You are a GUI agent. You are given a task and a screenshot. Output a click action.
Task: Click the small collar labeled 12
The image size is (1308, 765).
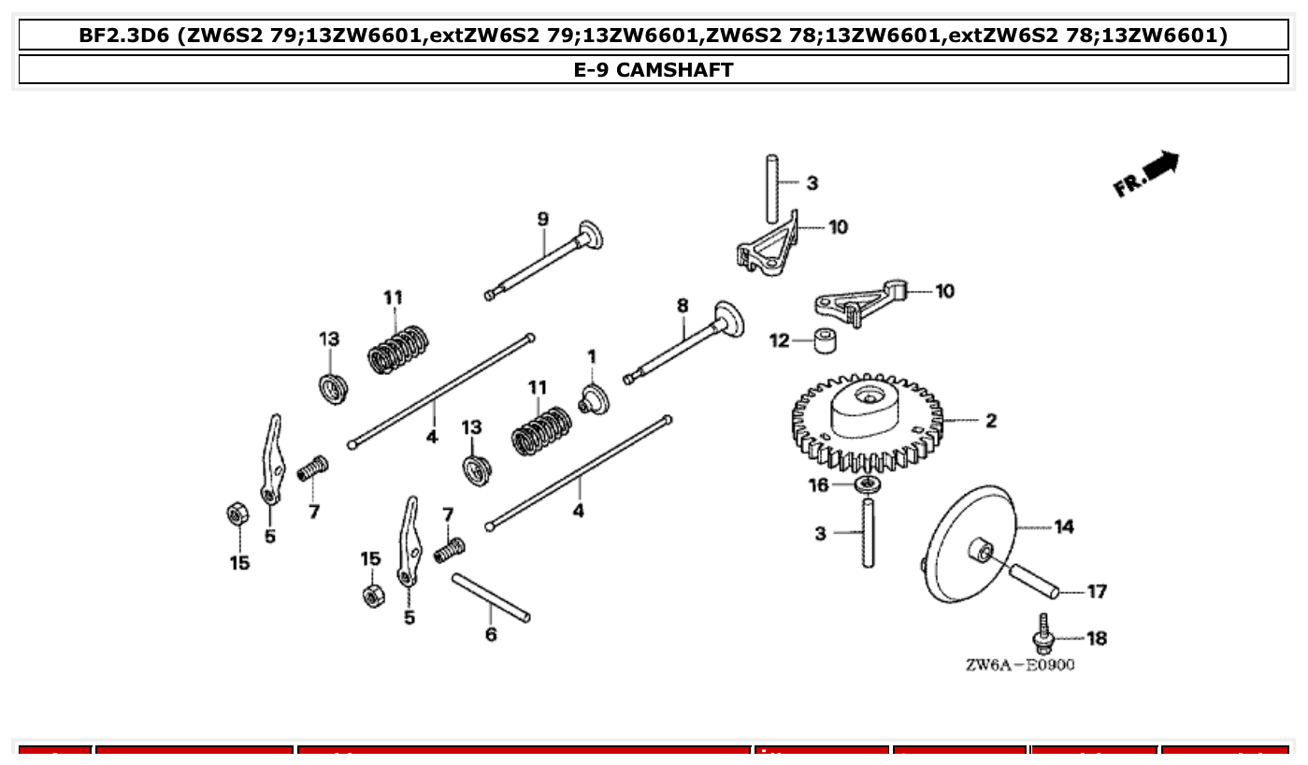823,341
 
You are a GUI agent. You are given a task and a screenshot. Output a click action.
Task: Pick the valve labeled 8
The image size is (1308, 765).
687,346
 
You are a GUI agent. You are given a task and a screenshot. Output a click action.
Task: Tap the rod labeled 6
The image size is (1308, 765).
491,597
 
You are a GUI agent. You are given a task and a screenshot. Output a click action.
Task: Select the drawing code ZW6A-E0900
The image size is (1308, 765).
1019,665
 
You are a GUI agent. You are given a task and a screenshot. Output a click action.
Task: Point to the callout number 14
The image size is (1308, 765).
1064,527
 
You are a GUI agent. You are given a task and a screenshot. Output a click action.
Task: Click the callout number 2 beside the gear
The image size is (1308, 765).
991,421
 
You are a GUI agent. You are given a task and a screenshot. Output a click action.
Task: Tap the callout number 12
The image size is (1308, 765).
780,341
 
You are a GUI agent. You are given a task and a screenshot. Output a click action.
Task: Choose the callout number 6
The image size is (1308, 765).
491,635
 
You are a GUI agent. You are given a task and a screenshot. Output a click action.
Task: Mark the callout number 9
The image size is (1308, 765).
543,219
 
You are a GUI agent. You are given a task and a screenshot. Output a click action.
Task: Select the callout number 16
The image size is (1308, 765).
818,484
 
